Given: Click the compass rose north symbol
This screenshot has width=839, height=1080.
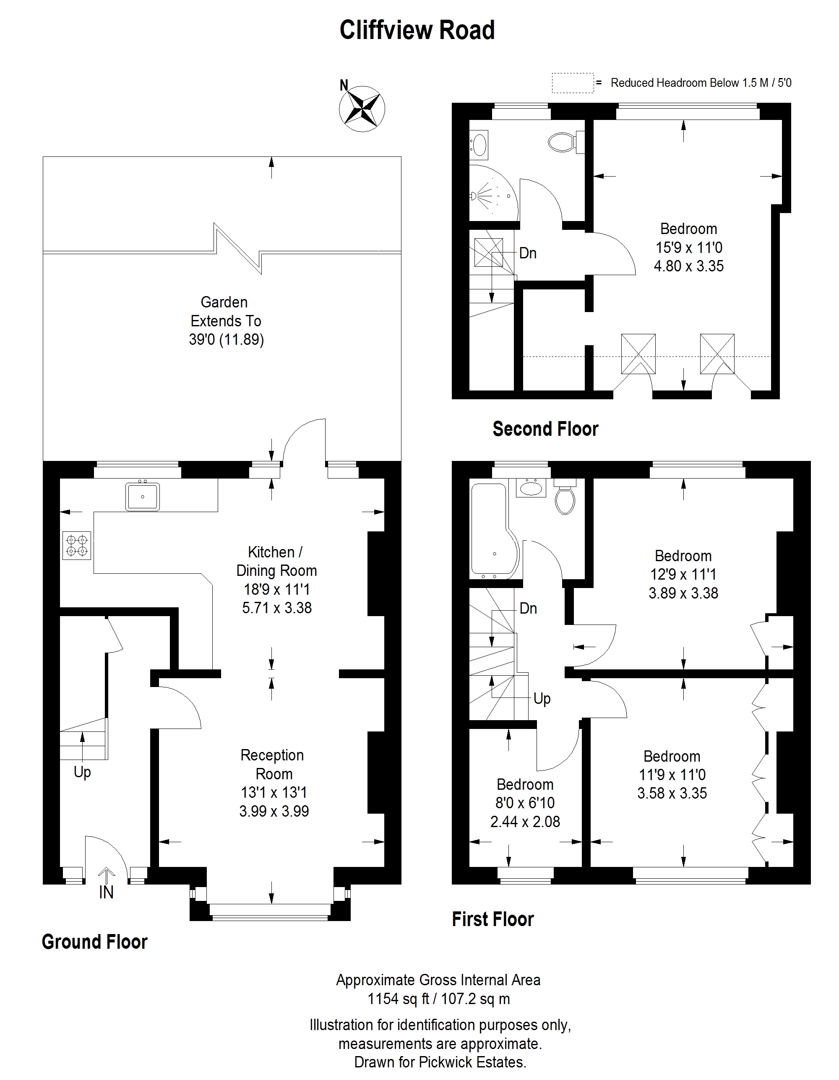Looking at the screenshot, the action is point(362,108).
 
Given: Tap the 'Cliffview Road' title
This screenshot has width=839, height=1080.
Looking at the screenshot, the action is point(417,30).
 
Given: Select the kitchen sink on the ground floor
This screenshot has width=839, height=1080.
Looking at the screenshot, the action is point(143,496).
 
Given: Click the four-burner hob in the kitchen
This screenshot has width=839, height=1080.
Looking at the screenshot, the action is point(77,545).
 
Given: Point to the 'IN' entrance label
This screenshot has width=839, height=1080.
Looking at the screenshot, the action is point(107,892).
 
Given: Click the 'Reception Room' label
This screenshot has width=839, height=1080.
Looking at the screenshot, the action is point(273,764).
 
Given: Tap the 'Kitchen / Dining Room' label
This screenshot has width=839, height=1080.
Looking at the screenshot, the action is point(276,561).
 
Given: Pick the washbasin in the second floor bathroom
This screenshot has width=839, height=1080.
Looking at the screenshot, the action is point(479,144).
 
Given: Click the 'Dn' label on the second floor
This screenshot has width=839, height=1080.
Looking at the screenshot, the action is point(528,253).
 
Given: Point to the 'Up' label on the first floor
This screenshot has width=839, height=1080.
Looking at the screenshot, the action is point(542,699).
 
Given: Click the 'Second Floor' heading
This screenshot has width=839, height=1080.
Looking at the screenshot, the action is point(545,429).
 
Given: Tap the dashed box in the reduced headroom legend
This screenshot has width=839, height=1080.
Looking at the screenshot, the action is point(572,83).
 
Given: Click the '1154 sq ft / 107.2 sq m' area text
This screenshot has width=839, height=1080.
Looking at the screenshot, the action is point(438,999).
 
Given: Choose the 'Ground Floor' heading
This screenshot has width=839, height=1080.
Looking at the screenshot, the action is point(94,942).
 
